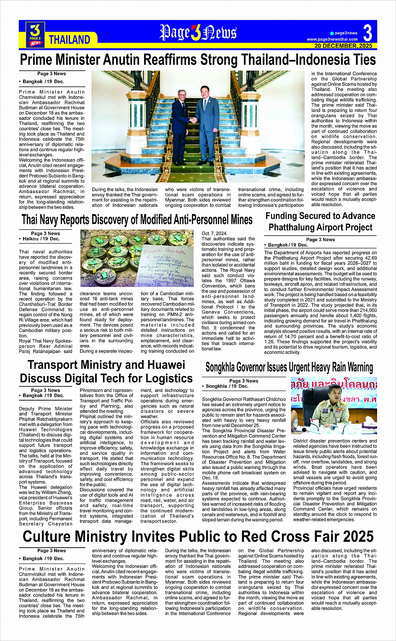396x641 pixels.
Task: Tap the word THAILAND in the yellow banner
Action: tap(70, 40)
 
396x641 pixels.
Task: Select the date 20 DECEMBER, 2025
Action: tap(343, 46)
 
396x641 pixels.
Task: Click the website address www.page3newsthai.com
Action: tap(332, 39)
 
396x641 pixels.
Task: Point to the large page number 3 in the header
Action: tap(368, 33)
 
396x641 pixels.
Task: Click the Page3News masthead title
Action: tap(198, 33)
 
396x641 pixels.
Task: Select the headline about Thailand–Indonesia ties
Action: tap(198, 60)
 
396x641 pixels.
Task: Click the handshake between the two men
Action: tap(192, 120)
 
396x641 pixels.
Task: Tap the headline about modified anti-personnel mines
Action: tap(137, 219)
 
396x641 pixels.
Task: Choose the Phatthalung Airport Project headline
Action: tap(320, 221)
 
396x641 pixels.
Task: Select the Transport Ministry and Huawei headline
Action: tap(106, 371)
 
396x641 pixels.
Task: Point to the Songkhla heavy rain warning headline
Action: tap(289, 368)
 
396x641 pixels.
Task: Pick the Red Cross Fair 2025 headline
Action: tap(198, 536)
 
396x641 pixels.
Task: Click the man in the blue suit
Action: tap(207, 121)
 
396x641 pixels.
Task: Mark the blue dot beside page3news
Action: tap(331, 33)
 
